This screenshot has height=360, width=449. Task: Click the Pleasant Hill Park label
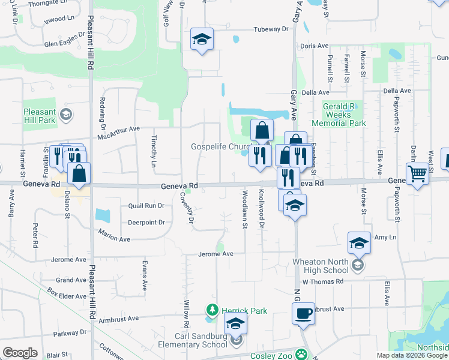click(40, 116)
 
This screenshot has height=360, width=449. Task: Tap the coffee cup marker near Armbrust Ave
click(303, 313)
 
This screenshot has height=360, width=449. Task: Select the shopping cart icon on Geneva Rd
click(418, 174)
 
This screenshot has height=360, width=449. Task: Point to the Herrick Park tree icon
click(211, 310)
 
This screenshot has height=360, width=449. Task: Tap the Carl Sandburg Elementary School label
click(200, 340)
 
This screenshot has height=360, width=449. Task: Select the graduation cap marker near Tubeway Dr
click(202, 40)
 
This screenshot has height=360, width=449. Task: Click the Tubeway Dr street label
click(271, 29)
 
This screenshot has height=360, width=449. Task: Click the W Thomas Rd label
click(322, 281)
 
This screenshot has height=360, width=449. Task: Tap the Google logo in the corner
click(20, 353)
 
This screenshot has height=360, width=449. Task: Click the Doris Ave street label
click(315, 46)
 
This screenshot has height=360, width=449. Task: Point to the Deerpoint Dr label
click(146, 222)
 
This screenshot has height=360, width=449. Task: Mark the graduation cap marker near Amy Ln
click(359, 243)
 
